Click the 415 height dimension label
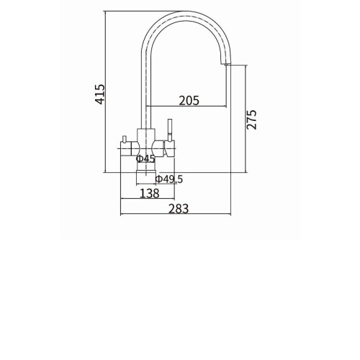point(100,94)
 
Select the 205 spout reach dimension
point(189,101)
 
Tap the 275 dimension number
point(251,120)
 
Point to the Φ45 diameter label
point(145,158)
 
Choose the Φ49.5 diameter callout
point(169,179)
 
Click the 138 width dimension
point(150,194)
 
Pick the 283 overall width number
point(179,209)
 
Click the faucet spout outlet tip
point(226,64)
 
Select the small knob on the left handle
point(124,139)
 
